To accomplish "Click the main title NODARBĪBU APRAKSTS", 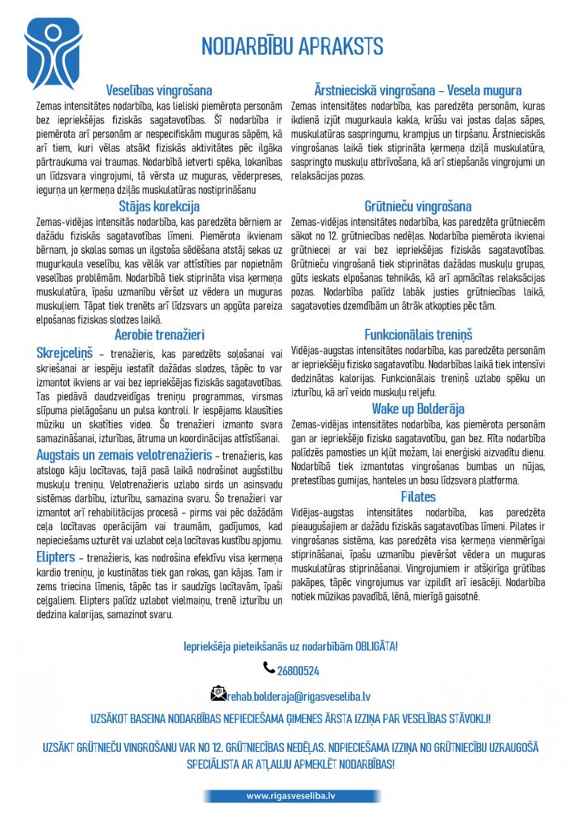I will [x=292, y=46].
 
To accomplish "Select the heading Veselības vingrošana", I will [x=160, y=90].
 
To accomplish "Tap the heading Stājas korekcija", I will [x=160, y=207].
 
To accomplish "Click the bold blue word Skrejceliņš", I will [x=65, y=353].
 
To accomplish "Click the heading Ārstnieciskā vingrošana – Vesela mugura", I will [x=417, y=90].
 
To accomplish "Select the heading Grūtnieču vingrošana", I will [x=418, y=207].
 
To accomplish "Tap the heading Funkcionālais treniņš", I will [x=418, y=335].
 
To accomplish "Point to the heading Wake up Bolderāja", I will [x=418, y=409].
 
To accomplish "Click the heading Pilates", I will [x=418, y=496].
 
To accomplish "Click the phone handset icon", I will [x=268, y=667].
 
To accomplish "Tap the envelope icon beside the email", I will [x=217, y=693].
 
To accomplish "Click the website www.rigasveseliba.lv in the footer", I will [x=290, y=796].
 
